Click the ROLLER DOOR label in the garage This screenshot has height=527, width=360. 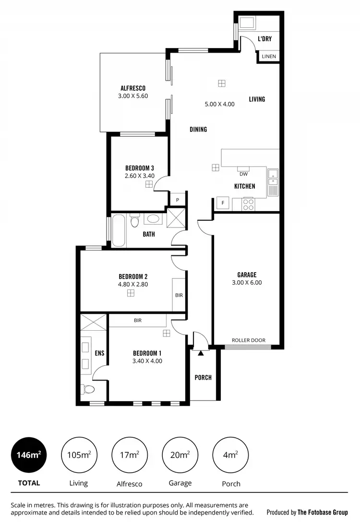tap(248, 340)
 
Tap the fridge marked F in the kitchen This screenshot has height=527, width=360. tap(223, 203)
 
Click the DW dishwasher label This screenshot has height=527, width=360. tap(243, 174)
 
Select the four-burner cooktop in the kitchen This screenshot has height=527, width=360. tap(249, 204)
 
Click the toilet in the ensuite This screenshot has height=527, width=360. tap(87, 388)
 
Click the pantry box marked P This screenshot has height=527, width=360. tap(177, 200)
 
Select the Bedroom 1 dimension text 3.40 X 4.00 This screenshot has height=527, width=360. tap(147, 361)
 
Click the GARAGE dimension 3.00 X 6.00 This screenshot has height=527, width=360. tap(247, 283)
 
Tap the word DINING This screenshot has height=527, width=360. tap(198, 129)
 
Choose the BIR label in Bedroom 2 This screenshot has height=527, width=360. tap(179, 295)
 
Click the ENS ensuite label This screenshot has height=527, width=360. tap(99, 353)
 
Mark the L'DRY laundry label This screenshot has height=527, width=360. tap(264, 38)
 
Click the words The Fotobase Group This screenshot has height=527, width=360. tap(323, 512)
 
